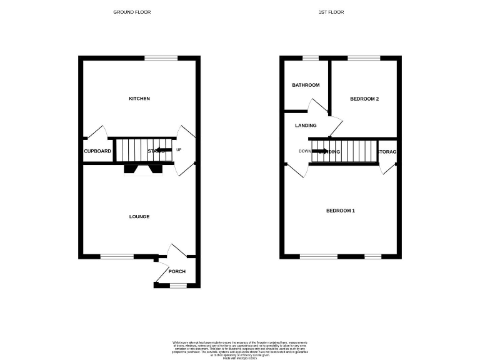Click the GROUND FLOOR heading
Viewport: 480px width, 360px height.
132,12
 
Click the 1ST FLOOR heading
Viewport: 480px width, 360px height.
331,12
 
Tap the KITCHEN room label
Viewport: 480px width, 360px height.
139,99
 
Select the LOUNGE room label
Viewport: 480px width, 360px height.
139,217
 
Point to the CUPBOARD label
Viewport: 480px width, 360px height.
97,151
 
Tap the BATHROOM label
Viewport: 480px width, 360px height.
306,86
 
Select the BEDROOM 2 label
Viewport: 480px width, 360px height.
364,99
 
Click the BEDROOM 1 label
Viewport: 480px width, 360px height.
341,211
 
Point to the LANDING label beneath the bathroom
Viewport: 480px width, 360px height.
306,125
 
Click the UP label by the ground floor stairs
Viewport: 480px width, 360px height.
179,150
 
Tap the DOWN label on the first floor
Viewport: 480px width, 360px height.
304,151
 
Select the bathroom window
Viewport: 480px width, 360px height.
311,58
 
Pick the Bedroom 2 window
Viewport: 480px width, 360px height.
364,58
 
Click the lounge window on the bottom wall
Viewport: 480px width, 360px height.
117,256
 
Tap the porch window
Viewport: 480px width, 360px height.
178,286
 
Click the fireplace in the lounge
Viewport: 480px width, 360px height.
143,168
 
